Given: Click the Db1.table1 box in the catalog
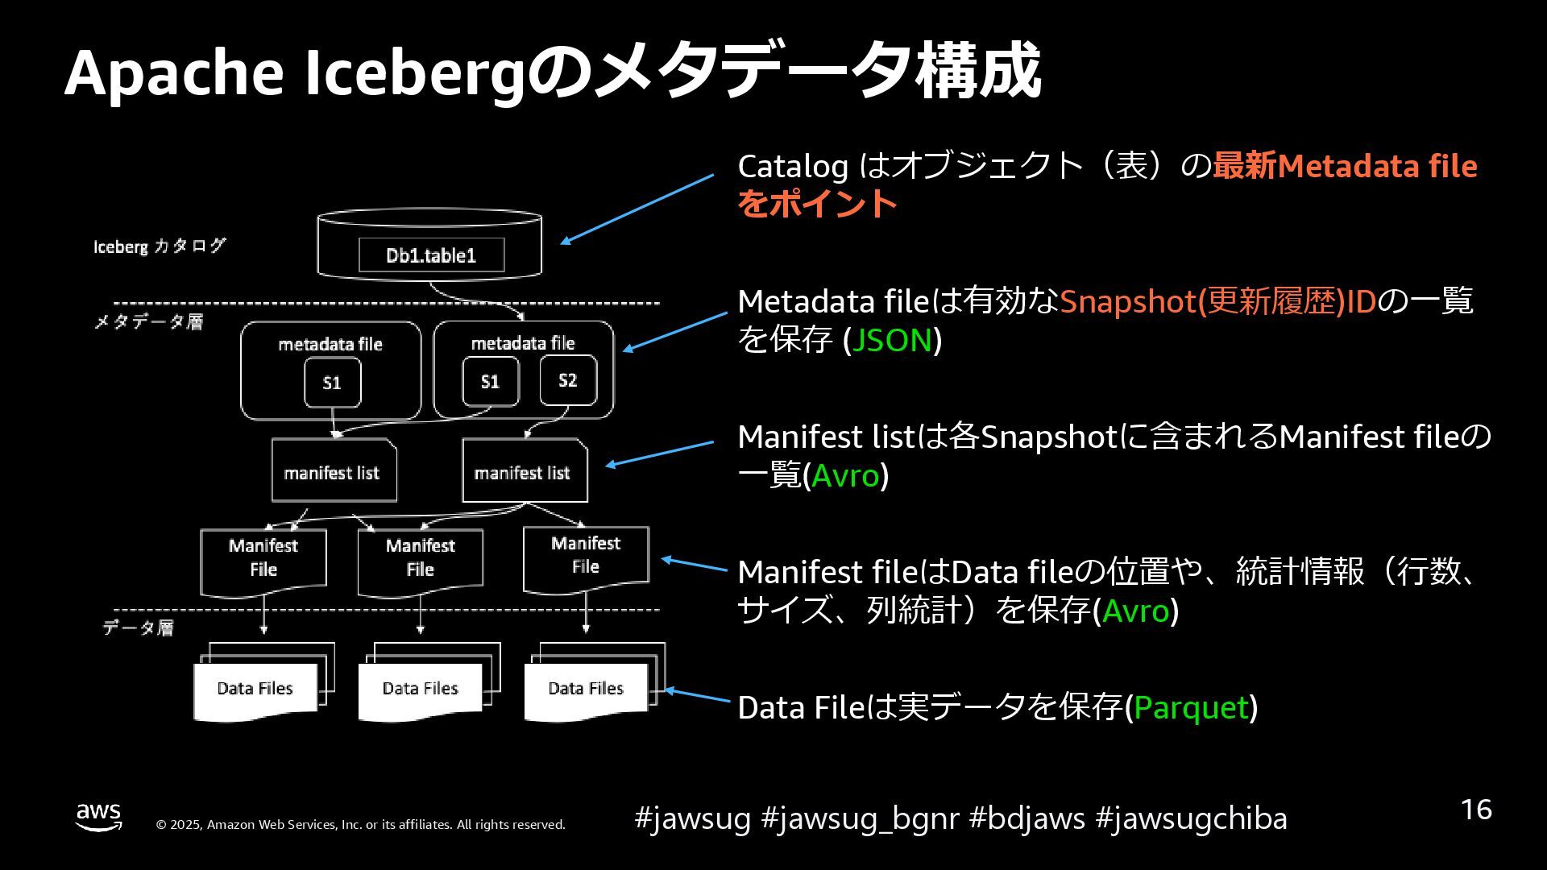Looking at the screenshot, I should tap(431, 255).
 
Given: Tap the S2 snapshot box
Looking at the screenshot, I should tap(568, 380).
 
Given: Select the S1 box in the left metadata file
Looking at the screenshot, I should tap(332, 383).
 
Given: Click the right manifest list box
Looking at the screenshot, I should tap(524, 471).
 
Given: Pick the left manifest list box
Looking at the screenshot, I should tap(333, 471).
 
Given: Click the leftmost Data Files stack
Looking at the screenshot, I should tap(256, 689).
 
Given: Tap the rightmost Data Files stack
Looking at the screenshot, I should tap(587, 689).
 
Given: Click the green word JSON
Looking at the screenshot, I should tap(892, 340).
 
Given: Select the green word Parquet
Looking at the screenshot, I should tap(1191, 707).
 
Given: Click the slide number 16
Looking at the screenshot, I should tap(1476, 810).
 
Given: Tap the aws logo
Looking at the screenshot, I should tap(99, 816).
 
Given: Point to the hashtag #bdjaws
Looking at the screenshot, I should tap(1026, 818).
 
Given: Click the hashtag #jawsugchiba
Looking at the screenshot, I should tap(1191, 818).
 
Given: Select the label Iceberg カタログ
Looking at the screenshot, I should tap(160, 246).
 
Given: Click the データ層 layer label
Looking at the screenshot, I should tap(138, 628).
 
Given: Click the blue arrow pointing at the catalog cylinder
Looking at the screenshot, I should tap(637, 209).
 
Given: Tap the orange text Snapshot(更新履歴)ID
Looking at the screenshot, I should tap(1217, 301).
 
